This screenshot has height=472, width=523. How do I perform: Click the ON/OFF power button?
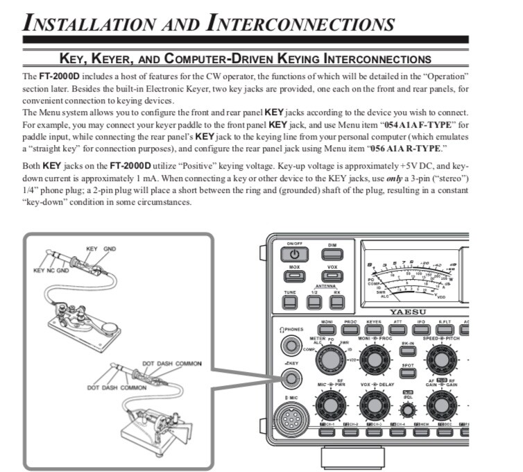pos(294,255)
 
